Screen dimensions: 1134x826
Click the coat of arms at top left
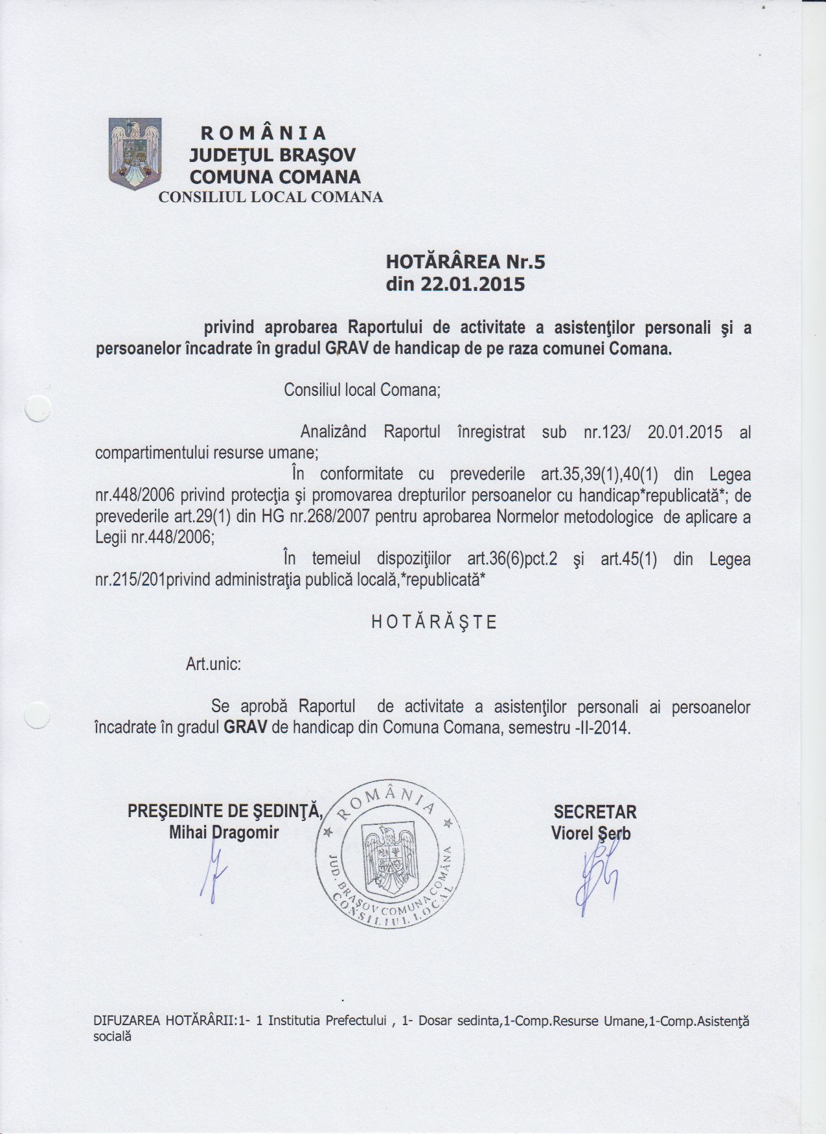pos(135,154)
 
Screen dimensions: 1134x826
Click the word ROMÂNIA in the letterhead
pos(263,133)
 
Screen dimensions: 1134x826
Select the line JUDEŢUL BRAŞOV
pos(272,156)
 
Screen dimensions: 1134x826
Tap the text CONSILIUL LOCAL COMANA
pos(271,197)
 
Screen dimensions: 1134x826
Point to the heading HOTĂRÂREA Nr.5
pos(465,262)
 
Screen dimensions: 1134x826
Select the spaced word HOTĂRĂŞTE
pos(434,623)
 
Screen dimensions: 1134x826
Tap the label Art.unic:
pos(214,664)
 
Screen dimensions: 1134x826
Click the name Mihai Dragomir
pos(224,833)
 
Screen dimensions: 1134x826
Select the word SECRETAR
pos(595,812)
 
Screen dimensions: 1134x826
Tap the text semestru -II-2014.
pos(569,728)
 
